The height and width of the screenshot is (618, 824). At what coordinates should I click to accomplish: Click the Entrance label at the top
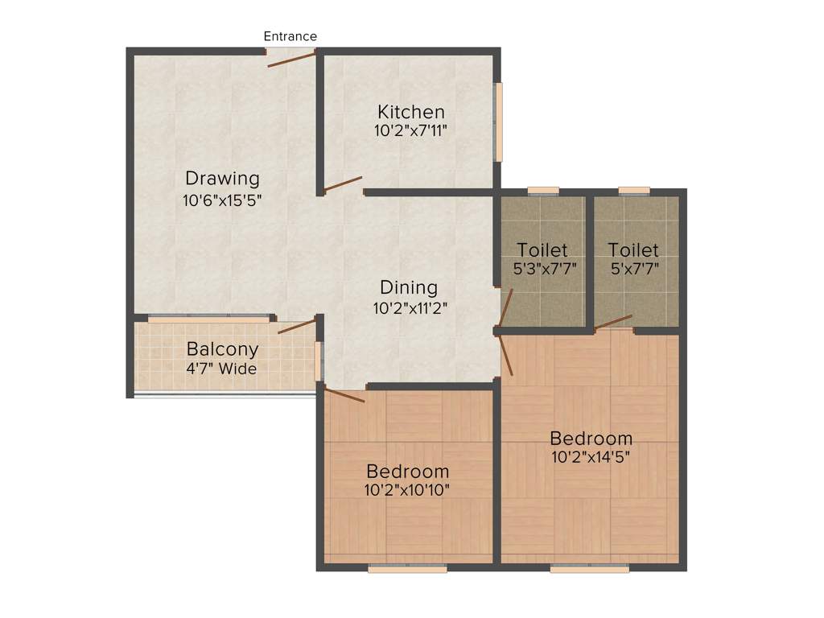[x=290, y=36]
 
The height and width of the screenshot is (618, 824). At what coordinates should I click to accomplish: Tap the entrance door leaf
[x=291, y=57]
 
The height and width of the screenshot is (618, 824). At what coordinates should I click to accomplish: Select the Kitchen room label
[x=411, y=112]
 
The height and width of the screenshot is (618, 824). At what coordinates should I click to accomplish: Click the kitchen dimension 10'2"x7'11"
[x=410, y=130]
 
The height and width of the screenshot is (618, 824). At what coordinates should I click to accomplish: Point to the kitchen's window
[x=499, y=122]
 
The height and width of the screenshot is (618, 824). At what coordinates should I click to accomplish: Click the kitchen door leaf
[x=343, y=184]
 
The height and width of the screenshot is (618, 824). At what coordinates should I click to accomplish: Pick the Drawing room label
[x=223, y=178]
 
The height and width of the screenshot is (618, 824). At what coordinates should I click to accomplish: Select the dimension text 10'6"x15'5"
[x=223, y=198]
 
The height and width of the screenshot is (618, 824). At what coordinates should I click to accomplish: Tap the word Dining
[x=409, y=287]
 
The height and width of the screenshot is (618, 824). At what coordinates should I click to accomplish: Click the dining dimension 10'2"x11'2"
[x=410, y=307]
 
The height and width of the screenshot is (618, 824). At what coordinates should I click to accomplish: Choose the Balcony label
[x=223, y=349]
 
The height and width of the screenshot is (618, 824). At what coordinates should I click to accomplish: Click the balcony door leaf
[x=296, y=326]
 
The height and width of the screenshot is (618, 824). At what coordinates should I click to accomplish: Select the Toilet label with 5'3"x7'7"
[x=542, y=250]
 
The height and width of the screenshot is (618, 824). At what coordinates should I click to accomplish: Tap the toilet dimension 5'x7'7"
[x=633, y=269]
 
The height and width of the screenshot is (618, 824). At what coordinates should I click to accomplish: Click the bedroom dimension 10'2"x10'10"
[x=407, y=488]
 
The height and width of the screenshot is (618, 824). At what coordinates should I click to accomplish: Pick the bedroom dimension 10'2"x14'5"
[x=590, y=457]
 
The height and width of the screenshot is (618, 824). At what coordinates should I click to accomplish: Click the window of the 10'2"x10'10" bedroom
[x=407, y=568]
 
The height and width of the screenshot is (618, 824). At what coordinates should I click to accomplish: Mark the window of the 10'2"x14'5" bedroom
[x=590, y=568]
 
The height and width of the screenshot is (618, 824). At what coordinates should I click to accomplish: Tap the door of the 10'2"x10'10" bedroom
[x=344, y=394]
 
